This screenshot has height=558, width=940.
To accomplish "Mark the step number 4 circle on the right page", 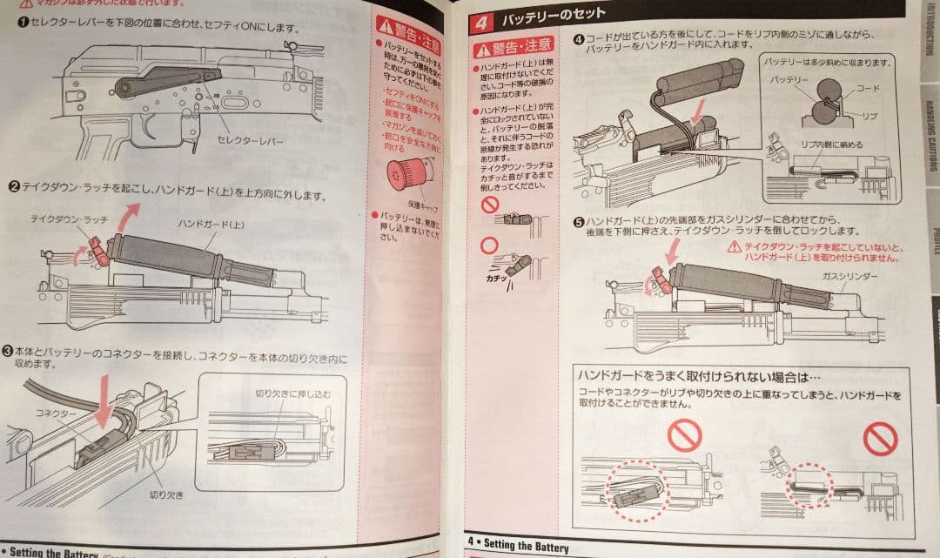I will [x=578, y=39].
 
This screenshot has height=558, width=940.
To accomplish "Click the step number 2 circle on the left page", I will [x=15, y=186].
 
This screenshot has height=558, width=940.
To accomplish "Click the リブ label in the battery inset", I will [x=868, y=115].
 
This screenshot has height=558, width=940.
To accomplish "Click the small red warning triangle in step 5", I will [x=735, y=246].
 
